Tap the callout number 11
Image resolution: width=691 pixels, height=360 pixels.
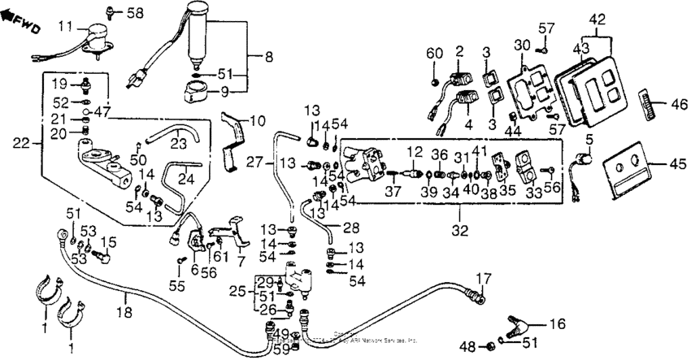(x=65, y=27)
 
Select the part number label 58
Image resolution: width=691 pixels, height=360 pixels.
(x=133, y=13)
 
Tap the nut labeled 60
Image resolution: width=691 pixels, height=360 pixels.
(x=436, y=82)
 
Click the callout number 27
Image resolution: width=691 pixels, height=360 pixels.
(x=252, y=163)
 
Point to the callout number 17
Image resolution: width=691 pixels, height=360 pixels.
(x=485, y=278)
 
